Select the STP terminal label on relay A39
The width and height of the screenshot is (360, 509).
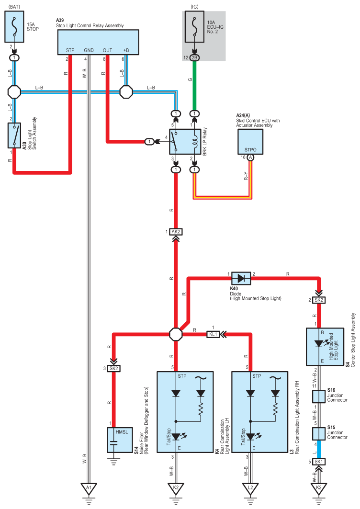70,50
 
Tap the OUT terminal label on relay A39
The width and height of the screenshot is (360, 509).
108,50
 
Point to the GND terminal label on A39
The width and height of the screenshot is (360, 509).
89,50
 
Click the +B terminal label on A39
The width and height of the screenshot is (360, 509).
126,50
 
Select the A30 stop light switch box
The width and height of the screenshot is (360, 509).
15,136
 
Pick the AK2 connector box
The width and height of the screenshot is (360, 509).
176,232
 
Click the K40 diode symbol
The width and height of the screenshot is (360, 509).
241,278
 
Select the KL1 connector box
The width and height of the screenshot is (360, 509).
214,335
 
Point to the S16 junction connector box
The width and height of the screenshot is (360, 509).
319,396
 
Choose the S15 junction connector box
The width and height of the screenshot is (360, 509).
319,433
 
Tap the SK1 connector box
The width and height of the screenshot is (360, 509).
319,462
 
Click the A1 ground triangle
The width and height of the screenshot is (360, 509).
89,488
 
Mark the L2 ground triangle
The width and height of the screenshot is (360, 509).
250,488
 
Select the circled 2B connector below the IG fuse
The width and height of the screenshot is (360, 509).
195,58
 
